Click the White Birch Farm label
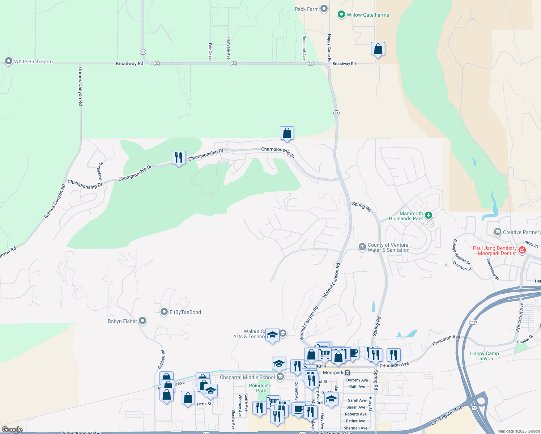[33, 61]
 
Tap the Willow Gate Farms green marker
[341, 14]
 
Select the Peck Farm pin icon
[324, 9]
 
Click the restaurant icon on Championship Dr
[179, 158]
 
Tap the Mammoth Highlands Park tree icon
[428, 216]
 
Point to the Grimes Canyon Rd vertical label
[80, 86]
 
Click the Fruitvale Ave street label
[229, 48]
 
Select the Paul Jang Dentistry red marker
[522, 250]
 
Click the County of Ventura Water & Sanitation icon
[362, 247]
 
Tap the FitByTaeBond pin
[164, 312]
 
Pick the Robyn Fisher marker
[142, 320]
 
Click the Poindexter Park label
[261, 388]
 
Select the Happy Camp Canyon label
[484, 356]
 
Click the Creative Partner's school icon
[498, 232]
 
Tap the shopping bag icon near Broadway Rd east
[378, 49]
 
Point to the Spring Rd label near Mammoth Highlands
[361, 207]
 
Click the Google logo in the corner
[12, 429]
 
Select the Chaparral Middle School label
[247, 377]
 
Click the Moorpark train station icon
[347, 373]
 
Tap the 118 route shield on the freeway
[473, 322]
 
